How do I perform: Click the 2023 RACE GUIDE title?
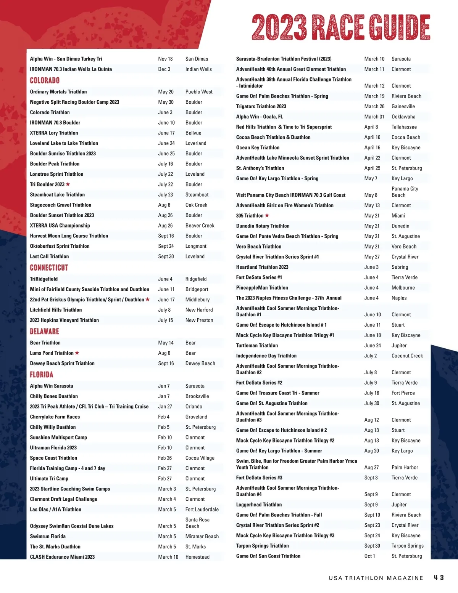tap(341, 27)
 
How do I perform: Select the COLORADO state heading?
tap(45, 80)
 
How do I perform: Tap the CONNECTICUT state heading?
tap(49, 268)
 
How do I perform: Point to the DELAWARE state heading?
tap(44, 332)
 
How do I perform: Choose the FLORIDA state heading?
tap(42, 375)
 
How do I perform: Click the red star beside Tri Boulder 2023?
tap(68, 184)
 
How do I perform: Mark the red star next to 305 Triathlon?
tap(267, 215)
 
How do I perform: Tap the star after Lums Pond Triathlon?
tap(77, 353)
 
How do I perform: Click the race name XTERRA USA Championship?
tap(60, 226)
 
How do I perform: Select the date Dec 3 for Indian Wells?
tap(164, 69)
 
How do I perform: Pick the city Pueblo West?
tap(199, 92)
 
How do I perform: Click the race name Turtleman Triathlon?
tap(257, 346)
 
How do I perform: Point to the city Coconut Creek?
tap(407, 356)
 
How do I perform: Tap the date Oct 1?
tap(369, 556)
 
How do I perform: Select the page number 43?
tap(439, 578)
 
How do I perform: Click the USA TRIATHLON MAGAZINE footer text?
tap(376, 578)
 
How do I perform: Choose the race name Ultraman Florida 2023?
tap(53, 448)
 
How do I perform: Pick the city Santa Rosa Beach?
tap(197, 523)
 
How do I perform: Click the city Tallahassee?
tap(404, 127)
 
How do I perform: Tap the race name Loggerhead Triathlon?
tap(259, 505)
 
